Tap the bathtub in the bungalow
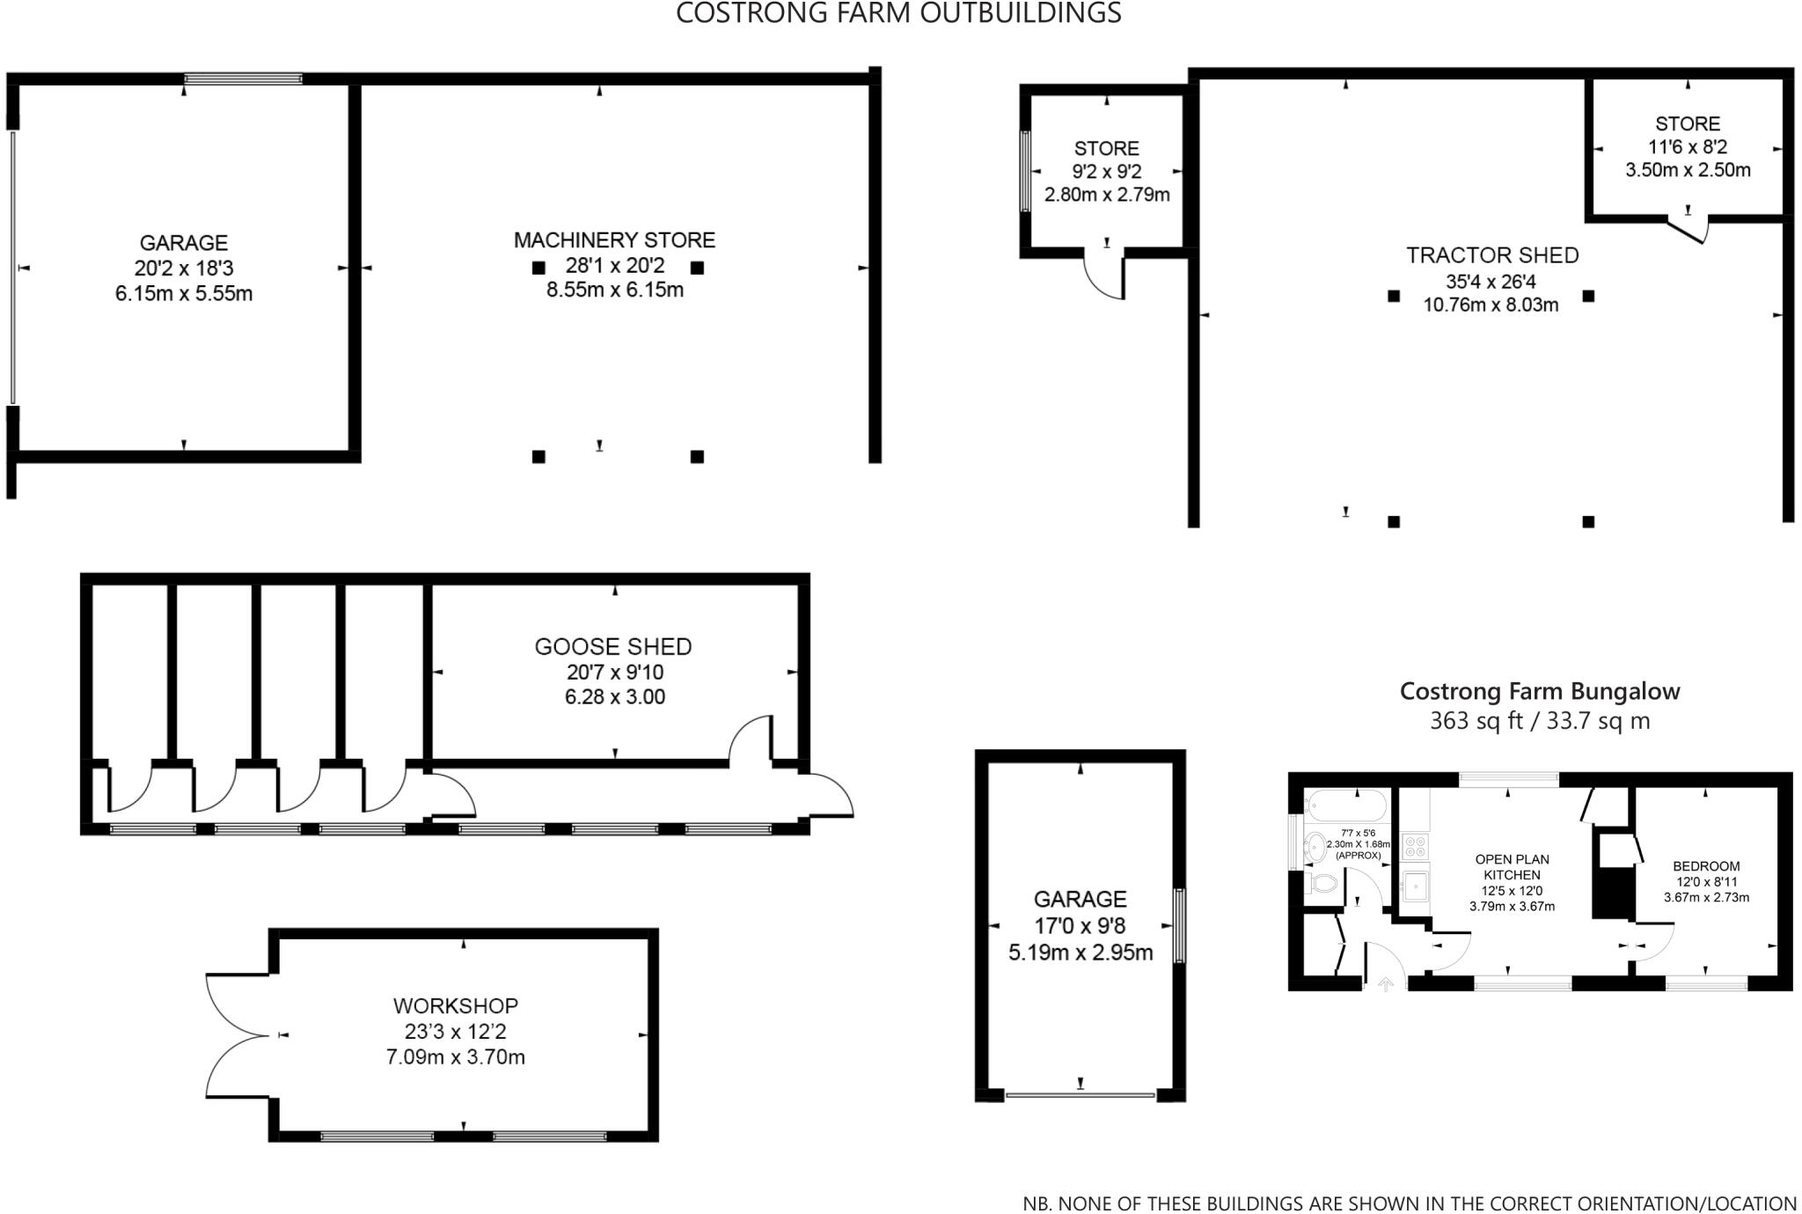pos(1347,806)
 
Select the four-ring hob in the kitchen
pos(1415,846)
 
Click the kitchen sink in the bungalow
pos(1416,886)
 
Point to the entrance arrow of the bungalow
pos(1385,984)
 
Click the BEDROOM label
pos(1706,866)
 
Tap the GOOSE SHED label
pos(613,647)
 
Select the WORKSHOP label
pos(456,1005)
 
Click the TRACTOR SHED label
pos(1492,255)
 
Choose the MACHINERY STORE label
pos(614,239)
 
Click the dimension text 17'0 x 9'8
pos(1080,926)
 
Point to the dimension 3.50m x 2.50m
pos(1688,170)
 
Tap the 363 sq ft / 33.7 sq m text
pos(1540,721)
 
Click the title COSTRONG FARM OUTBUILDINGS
pos(898,13)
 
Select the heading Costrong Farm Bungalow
pos(1540,691)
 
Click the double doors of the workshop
pos(231,1035)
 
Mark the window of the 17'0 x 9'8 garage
pos(1179,925)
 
